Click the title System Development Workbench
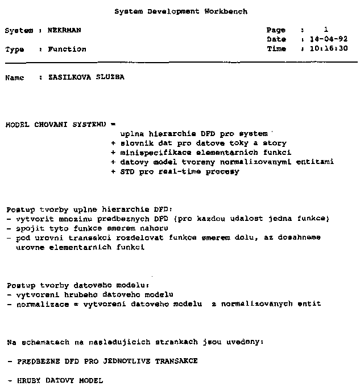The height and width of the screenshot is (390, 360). (x=181, y=11)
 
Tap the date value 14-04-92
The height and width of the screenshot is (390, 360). (x=329, y=39)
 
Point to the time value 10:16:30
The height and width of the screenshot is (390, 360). (x=329, y=49)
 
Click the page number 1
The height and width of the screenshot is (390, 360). (x=326, y=30)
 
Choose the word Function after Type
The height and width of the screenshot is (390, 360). (x=67, y=50)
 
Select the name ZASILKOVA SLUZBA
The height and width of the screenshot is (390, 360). (x=86, y=77)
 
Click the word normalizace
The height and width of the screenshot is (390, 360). (x=37, y=304)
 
